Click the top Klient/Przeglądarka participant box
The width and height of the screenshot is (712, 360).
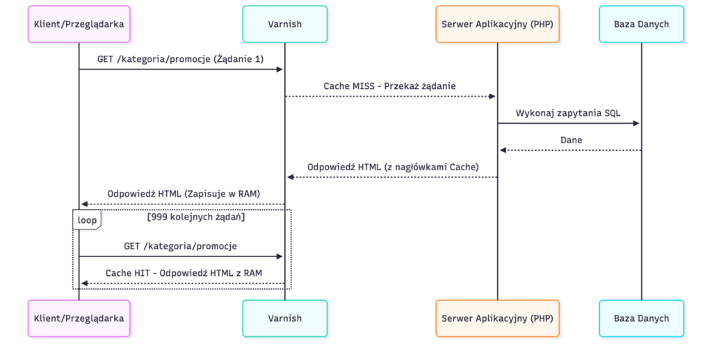79,24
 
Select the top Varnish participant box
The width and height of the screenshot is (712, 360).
284,24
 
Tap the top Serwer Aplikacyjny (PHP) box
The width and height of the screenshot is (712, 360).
497,24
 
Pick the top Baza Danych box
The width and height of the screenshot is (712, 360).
641,24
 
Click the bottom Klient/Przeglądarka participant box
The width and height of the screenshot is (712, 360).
79,318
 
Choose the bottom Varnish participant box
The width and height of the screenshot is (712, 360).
284,318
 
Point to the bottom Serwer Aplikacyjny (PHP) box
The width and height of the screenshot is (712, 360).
497,318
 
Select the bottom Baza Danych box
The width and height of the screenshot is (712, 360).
641,318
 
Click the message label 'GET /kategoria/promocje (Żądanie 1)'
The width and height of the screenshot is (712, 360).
181,59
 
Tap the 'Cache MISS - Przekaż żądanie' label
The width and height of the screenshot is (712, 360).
390,86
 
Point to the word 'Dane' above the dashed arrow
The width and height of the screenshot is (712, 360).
572,140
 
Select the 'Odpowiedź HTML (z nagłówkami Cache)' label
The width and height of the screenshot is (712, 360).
393,167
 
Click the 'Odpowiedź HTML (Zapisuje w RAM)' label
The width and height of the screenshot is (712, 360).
184,194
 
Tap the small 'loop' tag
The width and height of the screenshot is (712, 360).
87,220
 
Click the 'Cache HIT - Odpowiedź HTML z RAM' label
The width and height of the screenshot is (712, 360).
184,273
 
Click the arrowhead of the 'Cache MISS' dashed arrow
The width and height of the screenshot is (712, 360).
492,97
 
